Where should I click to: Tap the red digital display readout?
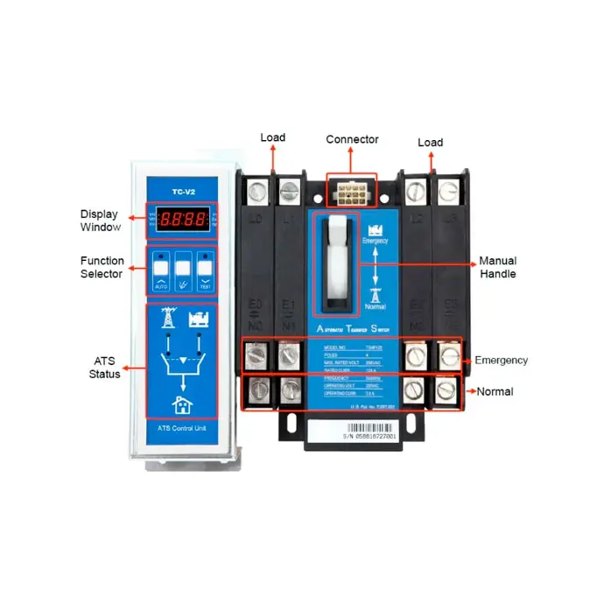[x=180, y=220]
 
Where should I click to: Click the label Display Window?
[x=99, y=220]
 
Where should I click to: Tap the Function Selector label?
[x=102, y=267]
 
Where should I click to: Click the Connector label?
[x=352, y=140]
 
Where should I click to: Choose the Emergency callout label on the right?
[x=501, y=360]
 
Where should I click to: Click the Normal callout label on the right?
[x=495, y=391]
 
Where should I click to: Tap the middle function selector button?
[x=183, y=270]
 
